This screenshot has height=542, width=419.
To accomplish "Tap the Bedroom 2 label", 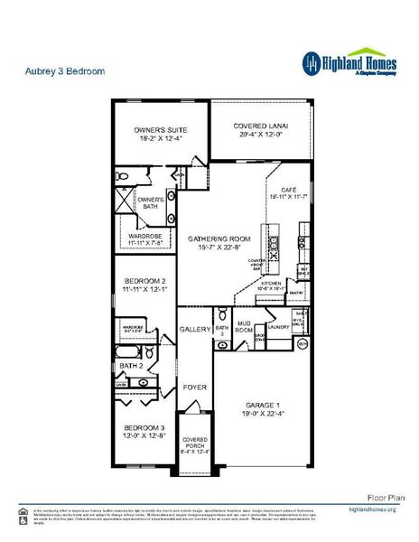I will (x=144, y=282).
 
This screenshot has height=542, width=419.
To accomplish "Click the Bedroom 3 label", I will (x=144, y=426).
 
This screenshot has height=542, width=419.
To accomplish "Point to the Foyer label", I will (x=194, y=387).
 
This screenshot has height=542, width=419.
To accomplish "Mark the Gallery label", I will (x=194, y=329).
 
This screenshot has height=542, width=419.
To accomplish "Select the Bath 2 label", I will (x=132, y=366).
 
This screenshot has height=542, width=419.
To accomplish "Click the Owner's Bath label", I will (x=150, y=201).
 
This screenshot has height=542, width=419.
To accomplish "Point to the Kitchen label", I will (x=271, y=283).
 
